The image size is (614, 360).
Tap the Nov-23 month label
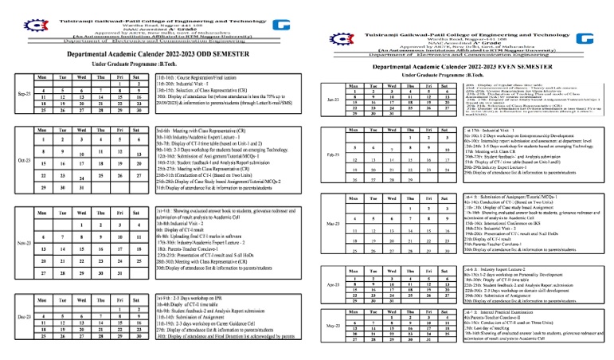click(x=24, y=245)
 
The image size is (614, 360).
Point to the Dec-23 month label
click(x=24, y=316)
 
